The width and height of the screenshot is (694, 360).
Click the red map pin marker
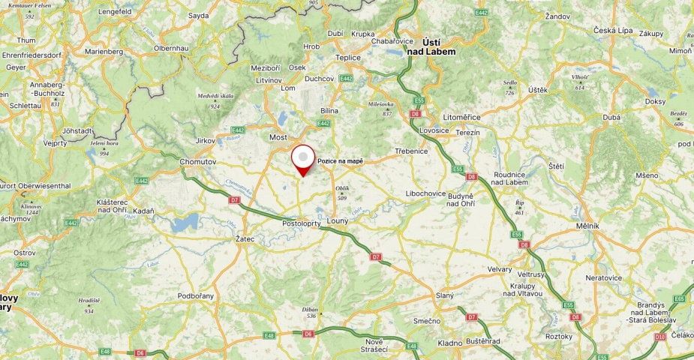[302, 159]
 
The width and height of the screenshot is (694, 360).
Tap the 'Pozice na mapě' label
[341, 161]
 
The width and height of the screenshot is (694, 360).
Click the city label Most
[278, 138]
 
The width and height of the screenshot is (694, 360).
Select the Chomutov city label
[198, 161]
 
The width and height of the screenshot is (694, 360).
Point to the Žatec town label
[245, 239]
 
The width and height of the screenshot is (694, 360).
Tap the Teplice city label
[347, 58]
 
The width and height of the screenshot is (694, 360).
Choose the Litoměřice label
[461, 118]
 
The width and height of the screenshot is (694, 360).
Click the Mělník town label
[587, 226]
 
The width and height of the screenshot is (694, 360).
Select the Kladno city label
[450, 343]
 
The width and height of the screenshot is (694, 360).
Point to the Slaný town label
[445, 295]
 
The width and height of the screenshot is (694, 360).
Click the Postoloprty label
[302, 224]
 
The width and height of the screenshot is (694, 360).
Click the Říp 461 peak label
[519, 207]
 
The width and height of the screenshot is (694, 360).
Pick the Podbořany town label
[196, 295]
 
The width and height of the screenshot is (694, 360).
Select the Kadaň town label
[143, 211]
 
